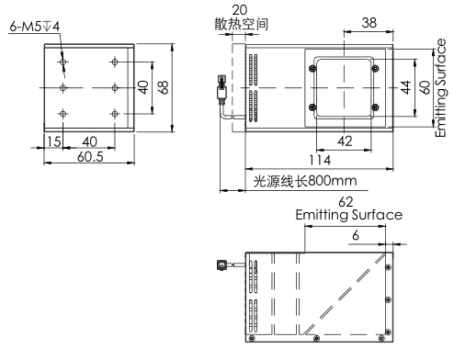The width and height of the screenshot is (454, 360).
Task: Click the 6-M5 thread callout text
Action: click(x=35, y=27)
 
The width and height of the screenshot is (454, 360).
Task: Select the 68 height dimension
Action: click(x=164, y=87)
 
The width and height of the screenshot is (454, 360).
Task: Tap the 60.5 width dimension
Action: click(x=90, y=157)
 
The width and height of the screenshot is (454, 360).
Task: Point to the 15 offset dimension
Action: click(x=54, y=141)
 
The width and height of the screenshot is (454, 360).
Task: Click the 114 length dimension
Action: click(x=320, y=160)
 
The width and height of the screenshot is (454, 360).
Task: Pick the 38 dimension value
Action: click(x=369, y=23)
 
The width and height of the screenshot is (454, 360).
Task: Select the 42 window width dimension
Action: click(x=345, y=141)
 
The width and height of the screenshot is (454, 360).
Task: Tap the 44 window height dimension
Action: click(x=406, y=87)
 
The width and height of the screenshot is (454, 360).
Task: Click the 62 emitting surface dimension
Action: click(x=346, y=202)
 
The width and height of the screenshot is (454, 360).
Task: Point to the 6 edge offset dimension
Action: click(x=356, y=235)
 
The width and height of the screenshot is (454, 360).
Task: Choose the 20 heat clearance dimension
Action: click(x=239, y=10)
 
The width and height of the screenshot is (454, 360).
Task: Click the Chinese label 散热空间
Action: click(x=241, y=24)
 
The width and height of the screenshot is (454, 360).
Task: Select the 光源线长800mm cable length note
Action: click(x=305, y=181)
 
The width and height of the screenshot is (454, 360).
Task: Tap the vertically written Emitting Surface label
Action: click(x=441, y=88)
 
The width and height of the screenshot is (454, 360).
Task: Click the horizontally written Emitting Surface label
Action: click(x=349, y=215)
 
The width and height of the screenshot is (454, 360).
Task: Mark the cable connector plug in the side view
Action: click(x=221, y=88)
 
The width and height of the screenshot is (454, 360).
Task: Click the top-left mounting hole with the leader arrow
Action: click(x=62, y=62)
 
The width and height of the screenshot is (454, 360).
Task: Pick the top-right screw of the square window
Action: click(x=375, y=69)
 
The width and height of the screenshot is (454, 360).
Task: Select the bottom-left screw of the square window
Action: click(x=312, y=107)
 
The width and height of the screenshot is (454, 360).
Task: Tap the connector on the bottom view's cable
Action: click(x=221, y=264)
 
